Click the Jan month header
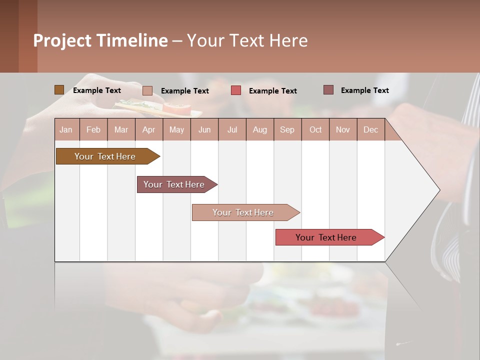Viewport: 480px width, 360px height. point(66,129)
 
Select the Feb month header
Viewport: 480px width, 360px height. point(93,129)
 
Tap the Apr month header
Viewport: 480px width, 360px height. point(149,129)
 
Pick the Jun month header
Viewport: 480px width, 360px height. point(204,129)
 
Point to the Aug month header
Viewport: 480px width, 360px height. point(260,129)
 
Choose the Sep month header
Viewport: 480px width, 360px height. point(287,129)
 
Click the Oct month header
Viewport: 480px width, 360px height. point(315,129)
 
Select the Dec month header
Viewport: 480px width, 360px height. point(371,129)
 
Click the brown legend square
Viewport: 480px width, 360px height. point(59,90)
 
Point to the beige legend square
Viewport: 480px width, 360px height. point(147,90)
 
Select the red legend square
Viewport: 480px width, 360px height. point(236,90)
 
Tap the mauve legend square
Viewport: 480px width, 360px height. point(328,90)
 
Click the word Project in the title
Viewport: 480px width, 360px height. point(62,40)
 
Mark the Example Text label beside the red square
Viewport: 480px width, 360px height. point(273,91)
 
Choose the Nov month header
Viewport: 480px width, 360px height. point(343,129)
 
